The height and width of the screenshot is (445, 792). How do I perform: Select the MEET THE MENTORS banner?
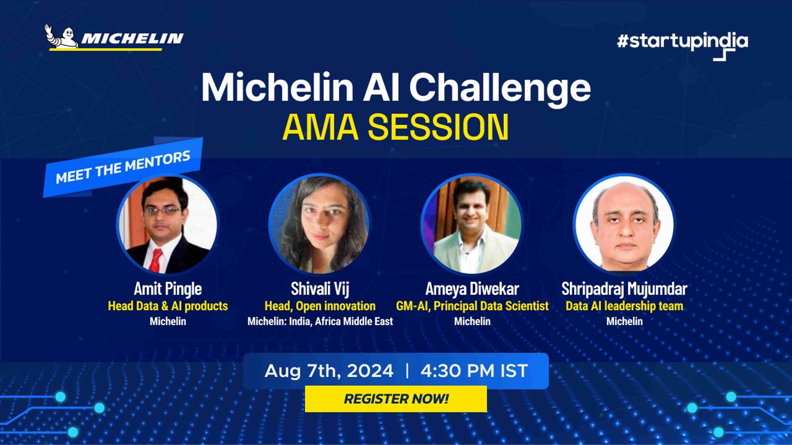point(123,167)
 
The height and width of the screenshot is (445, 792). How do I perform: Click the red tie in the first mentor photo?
point(156,260)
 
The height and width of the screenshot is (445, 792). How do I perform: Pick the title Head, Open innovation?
point(320,306)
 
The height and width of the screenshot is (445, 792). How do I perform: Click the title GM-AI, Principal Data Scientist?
point(472,306)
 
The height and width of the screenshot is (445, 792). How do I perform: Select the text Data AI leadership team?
point(624,306)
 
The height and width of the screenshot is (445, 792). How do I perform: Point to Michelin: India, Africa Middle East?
point(320,321)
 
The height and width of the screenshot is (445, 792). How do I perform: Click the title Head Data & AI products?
point(168,306)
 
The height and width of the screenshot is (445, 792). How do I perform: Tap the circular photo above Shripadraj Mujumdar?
point(624,224)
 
